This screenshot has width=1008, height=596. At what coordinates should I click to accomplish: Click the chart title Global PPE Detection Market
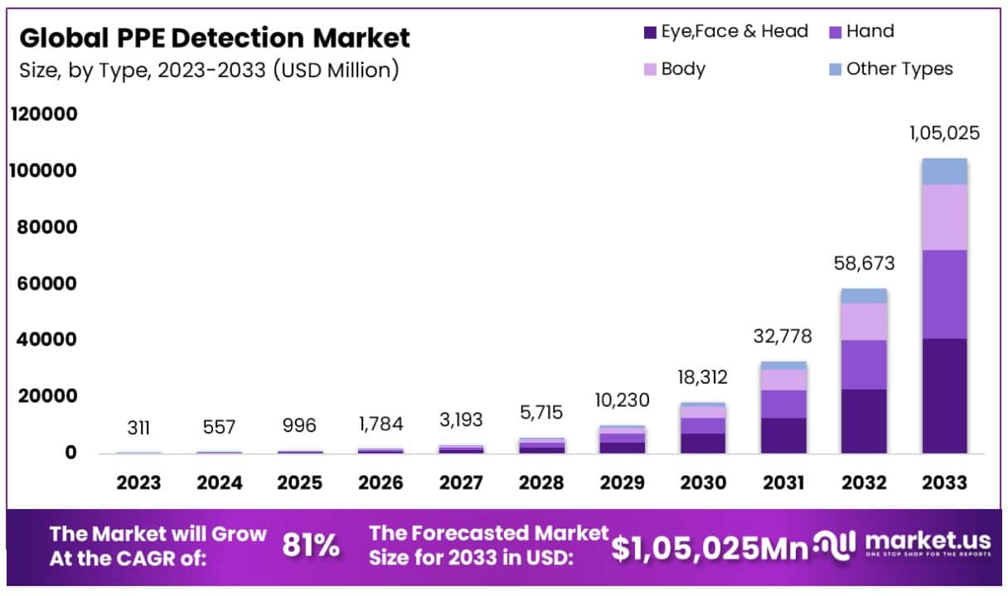[214, 38]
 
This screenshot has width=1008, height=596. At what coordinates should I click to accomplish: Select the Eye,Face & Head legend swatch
[650, 33]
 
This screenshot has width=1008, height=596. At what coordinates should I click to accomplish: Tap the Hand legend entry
[862, 32]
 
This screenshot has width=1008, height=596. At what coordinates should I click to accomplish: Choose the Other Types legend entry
[891, 69]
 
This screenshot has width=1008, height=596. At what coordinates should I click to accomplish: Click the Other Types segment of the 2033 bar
[944, 171]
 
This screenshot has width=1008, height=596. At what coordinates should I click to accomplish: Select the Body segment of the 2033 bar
[944, 217]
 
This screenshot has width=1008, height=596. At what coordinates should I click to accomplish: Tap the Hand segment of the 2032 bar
[864, 365]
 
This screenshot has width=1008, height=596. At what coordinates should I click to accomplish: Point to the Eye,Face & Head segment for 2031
[783, 435]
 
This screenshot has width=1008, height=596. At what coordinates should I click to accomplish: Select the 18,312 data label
[702, 378]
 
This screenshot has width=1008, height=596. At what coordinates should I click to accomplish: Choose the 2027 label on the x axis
[462, 483]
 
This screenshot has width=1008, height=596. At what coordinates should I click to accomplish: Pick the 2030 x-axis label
[703, 483]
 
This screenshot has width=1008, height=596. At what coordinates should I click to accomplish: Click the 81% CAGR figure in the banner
[311, 545]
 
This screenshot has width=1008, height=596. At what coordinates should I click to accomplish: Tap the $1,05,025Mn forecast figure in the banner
[709, 546]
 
